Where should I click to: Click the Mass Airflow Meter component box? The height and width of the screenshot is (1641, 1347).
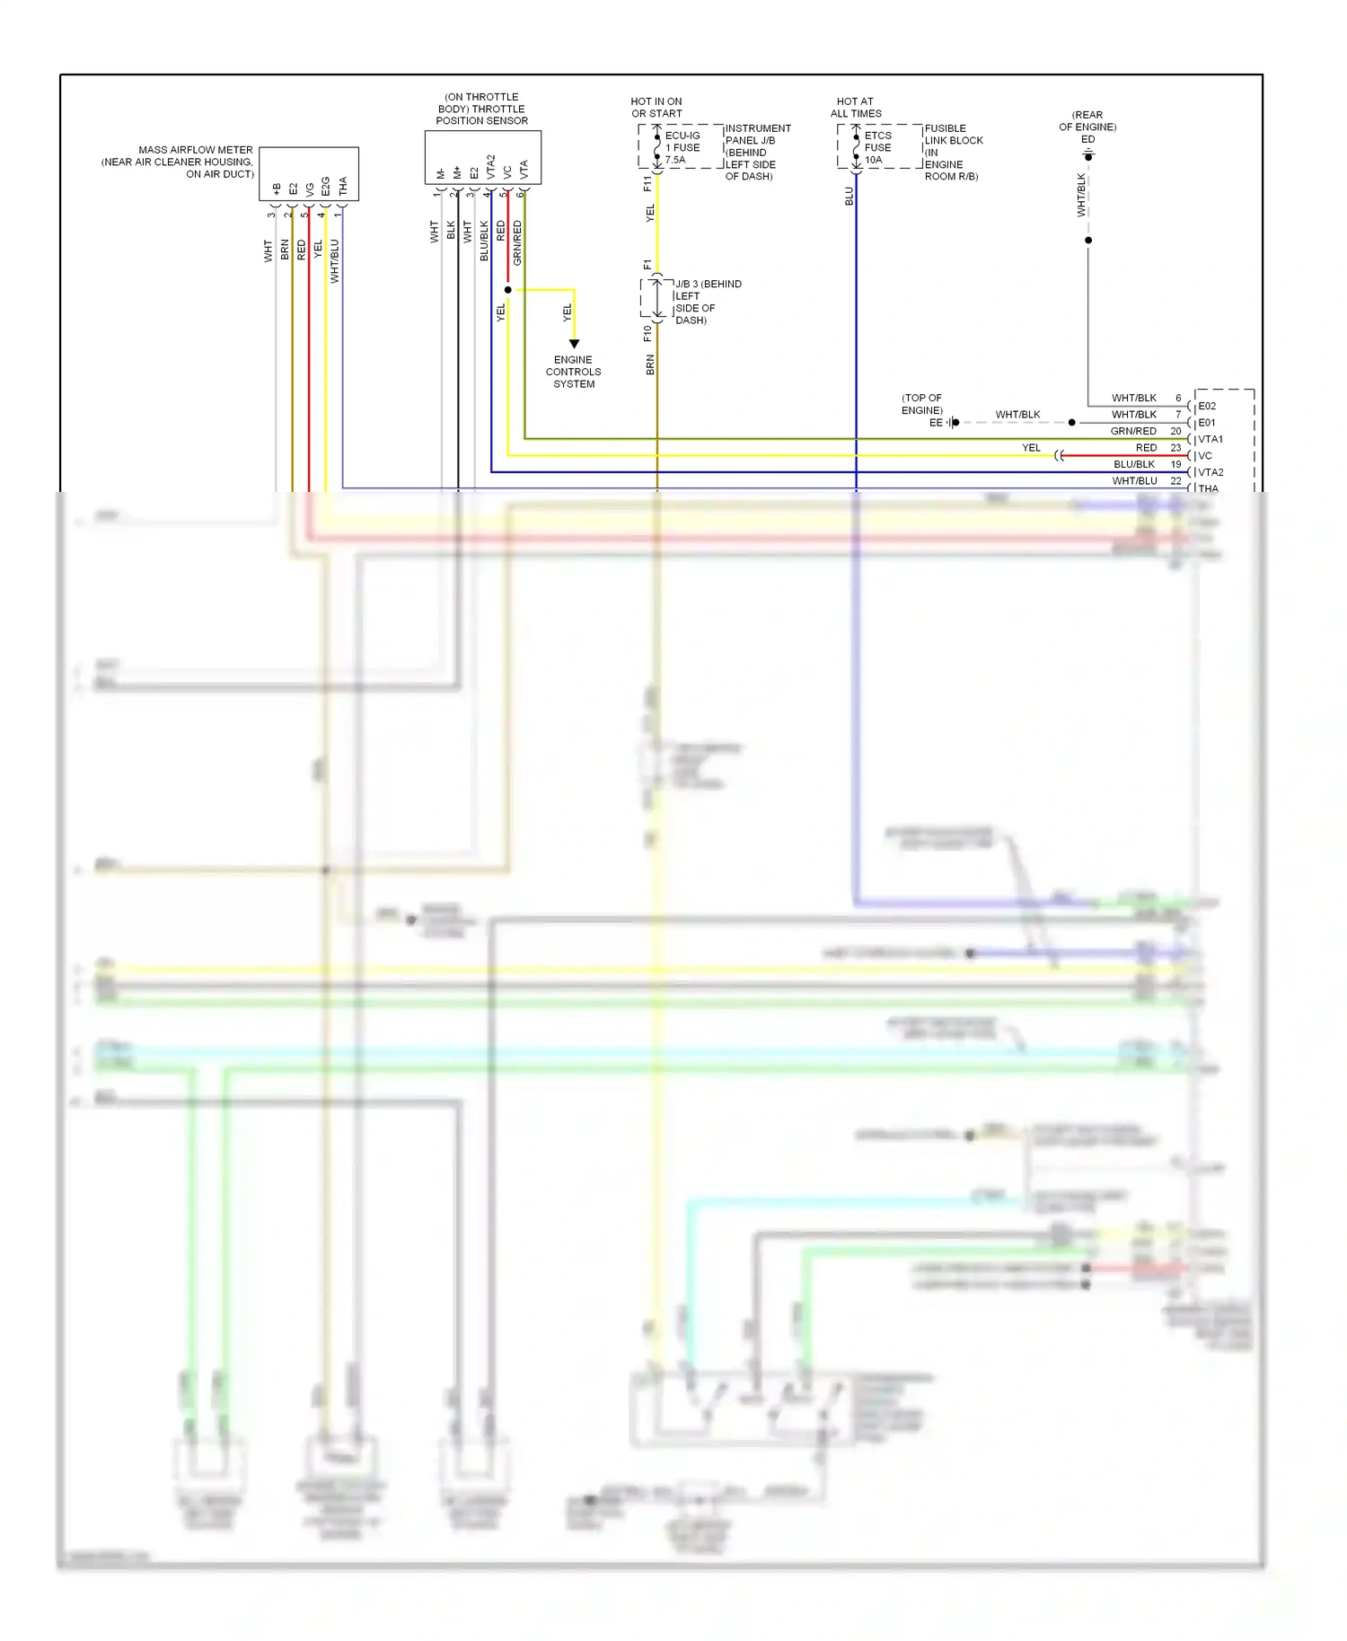pyautogui.click(x=309, y=173)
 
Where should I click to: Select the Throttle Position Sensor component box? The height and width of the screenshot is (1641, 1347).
pyautogui.click(x=482, y=158)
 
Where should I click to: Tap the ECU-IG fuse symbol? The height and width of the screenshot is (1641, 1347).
pyautogui.click(x=657, y=147)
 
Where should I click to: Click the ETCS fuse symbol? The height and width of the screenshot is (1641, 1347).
pyautogui.click(x=857, y=147)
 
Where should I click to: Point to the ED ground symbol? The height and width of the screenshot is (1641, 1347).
pyautogui.click(x=1088, y=156)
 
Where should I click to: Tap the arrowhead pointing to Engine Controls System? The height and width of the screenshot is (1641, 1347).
pyautogui.click(x=574, y=344)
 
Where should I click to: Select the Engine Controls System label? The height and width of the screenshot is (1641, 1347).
pyautogui.click(x=574, y=372)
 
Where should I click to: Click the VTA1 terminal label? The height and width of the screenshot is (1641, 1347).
pyautogui.click(x=1211, y=440)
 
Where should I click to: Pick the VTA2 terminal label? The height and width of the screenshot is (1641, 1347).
pyautogui.click(x=1211, y=472)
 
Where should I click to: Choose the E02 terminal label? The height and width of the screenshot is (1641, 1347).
pyautogui.click(x=1207, y=407)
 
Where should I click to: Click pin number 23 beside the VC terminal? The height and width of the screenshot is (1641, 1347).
pyautogui.click(x=1175, y=448)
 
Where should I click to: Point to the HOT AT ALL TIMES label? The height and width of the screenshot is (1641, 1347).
pyautogui.click(x=856, y=108)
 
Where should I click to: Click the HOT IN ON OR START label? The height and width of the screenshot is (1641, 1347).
pyautogui.click(x=656, y=108)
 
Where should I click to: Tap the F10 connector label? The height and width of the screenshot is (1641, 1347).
pyautogui.click(x=647, y=334)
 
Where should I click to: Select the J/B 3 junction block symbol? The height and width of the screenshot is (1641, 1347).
pyautogui.click(x=657, y=299)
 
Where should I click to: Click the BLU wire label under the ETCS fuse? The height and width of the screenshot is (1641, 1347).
pyautogui.click(x=849, y=197)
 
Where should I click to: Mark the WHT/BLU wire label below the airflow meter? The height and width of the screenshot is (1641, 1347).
pyautogui.click(x=335, y=261)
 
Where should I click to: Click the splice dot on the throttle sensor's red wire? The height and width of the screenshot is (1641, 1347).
pyautogui.click(x=508, y=290)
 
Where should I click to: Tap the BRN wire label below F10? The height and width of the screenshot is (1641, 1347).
pyautogui.click(x=650, y=364)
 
